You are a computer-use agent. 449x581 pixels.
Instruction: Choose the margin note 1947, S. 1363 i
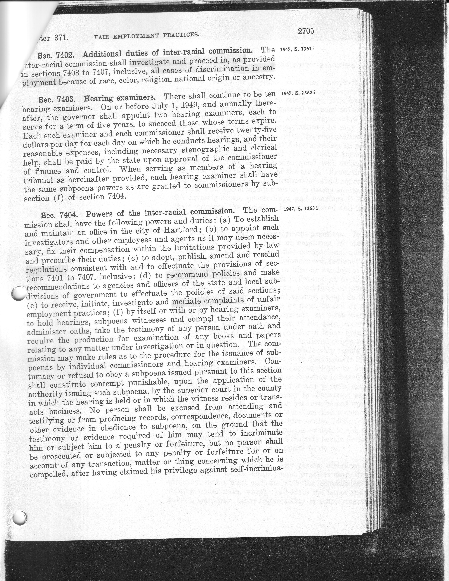(x=301, y=209)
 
